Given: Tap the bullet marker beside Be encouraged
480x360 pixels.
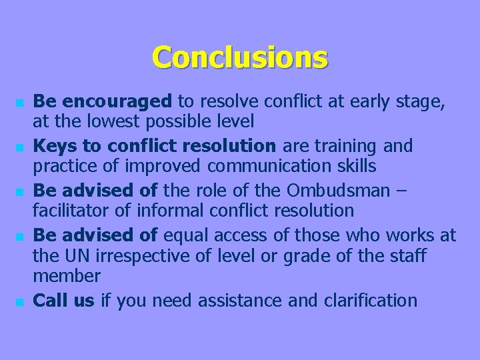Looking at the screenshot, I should [21, 104].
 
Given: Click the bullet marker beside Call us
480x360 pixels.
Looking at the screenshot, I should [21, 303].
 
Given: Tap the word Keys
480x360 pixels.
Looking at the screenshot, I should [53, 145].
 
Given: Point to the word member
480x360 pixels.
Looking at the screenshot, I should [67, 277].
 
